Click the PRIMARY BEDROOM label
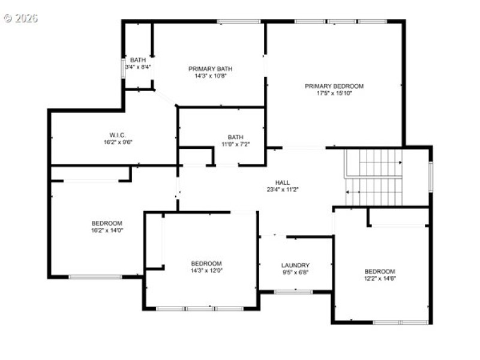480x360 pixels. pos(334,86)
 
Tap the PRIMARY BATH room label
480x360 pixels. pos(210,68)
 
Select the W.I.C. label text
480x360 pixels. pos(117,135)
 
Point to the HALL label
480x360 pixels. pos(283,182)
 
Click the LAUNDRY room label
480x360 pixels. pos(295,265)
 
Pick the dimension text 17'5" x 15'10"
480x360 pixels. pos(334,93)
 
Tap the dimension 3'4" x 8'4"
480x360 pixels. pos(138,67)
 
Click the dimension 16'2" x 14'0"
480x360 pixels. pos(107,230)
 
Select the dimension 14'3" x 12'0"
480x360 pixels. pos(206,271)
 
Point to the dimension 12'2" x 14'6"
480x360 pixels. pos(380,278)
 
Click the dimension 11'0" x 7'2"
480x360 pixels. pos(235,144)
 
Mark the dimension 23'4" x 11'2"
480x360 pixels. pos(283,189)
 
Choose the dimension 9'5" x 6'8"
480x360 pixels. pos(295,272)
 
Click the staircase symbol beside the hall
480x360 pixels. pos(373,177)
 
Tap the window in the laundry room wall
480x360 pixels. pos(293,292)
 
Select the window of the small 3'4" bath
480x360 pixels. pos(124,67)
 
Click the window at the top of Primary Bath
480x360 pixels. pos(238,22)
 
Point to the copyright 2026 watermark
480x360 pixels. pos(20,18)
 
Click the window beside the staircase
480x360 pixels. pos(430,176)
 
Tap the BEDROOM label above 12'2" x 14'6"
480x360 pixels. pos(380,271)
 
